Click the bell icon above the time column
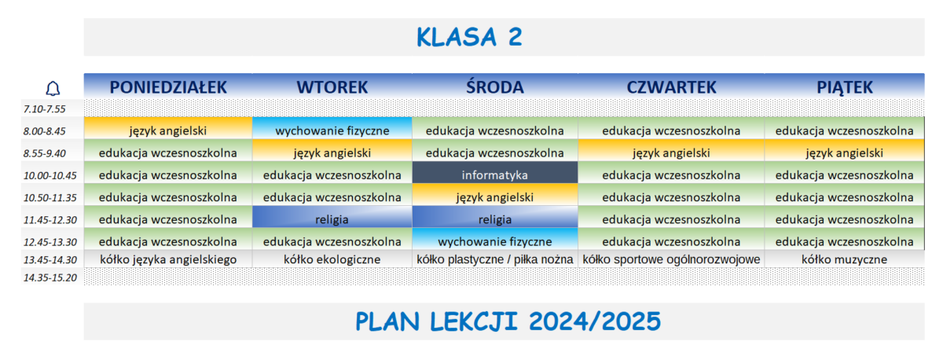[53, 88]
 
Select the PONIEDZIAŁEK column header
[168, 86]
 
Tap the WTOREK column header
[332, 86]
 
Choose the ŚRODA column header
[494, 86]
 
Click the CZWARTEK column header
[671, 86]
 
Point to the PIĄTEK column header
[844, 86]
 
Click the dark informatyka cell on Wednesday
[494, 174]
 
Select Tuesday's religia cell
[332, 219]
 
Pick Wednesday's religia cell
[494, 219]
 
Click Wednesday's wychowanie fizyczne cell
[494, 241]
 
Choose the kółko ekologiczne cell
[332, 259]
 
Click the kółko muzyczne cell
[844, 259]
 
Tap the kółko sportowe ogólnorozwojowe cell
[671, 259]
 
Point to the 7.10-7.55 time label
[45, 109]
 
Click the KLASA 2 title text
[469, 37]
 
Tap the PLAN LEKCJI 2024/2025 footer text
[508, 321]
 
